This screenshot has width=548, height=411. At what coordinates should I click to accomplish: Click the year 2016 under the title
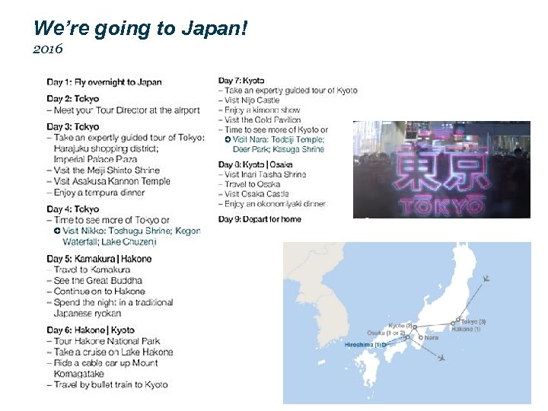point(48,49)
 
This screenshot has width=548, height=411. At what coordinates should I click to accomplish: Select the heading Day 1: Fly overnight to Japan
point(104,82)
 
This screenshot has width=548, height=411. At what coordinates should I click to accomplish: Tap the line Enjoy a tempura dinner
point(99,193)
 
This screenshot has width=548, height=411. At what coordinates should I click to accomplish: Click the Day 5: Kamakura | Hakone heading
point(99,259)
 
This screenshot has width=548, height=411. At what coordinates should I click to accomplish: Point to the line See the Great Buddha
point(98,281)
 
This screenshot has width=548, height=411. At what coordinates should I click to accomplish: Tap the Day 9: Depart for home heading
point(260,219)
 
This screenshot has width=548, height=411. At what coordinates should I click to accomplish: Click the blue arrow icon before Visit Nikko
point(57,231)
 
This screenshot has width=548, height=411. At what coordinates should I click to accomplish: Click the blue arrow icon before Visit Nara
point(228,140)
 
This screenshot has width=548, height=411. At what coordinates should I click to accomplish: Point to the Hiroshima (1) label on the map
point(363,345)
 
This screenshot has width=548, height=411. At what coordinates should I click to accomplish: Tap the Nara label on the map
point(432,337)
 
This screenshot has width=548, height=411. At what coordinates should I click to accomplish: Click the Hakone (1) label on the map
point(466,329)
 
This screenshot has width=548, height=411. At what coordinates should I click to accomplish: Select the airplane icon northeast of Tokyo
point(486,279)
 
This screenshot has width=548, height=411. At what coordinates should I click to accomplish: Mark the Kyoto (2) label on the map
point(400,326)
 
